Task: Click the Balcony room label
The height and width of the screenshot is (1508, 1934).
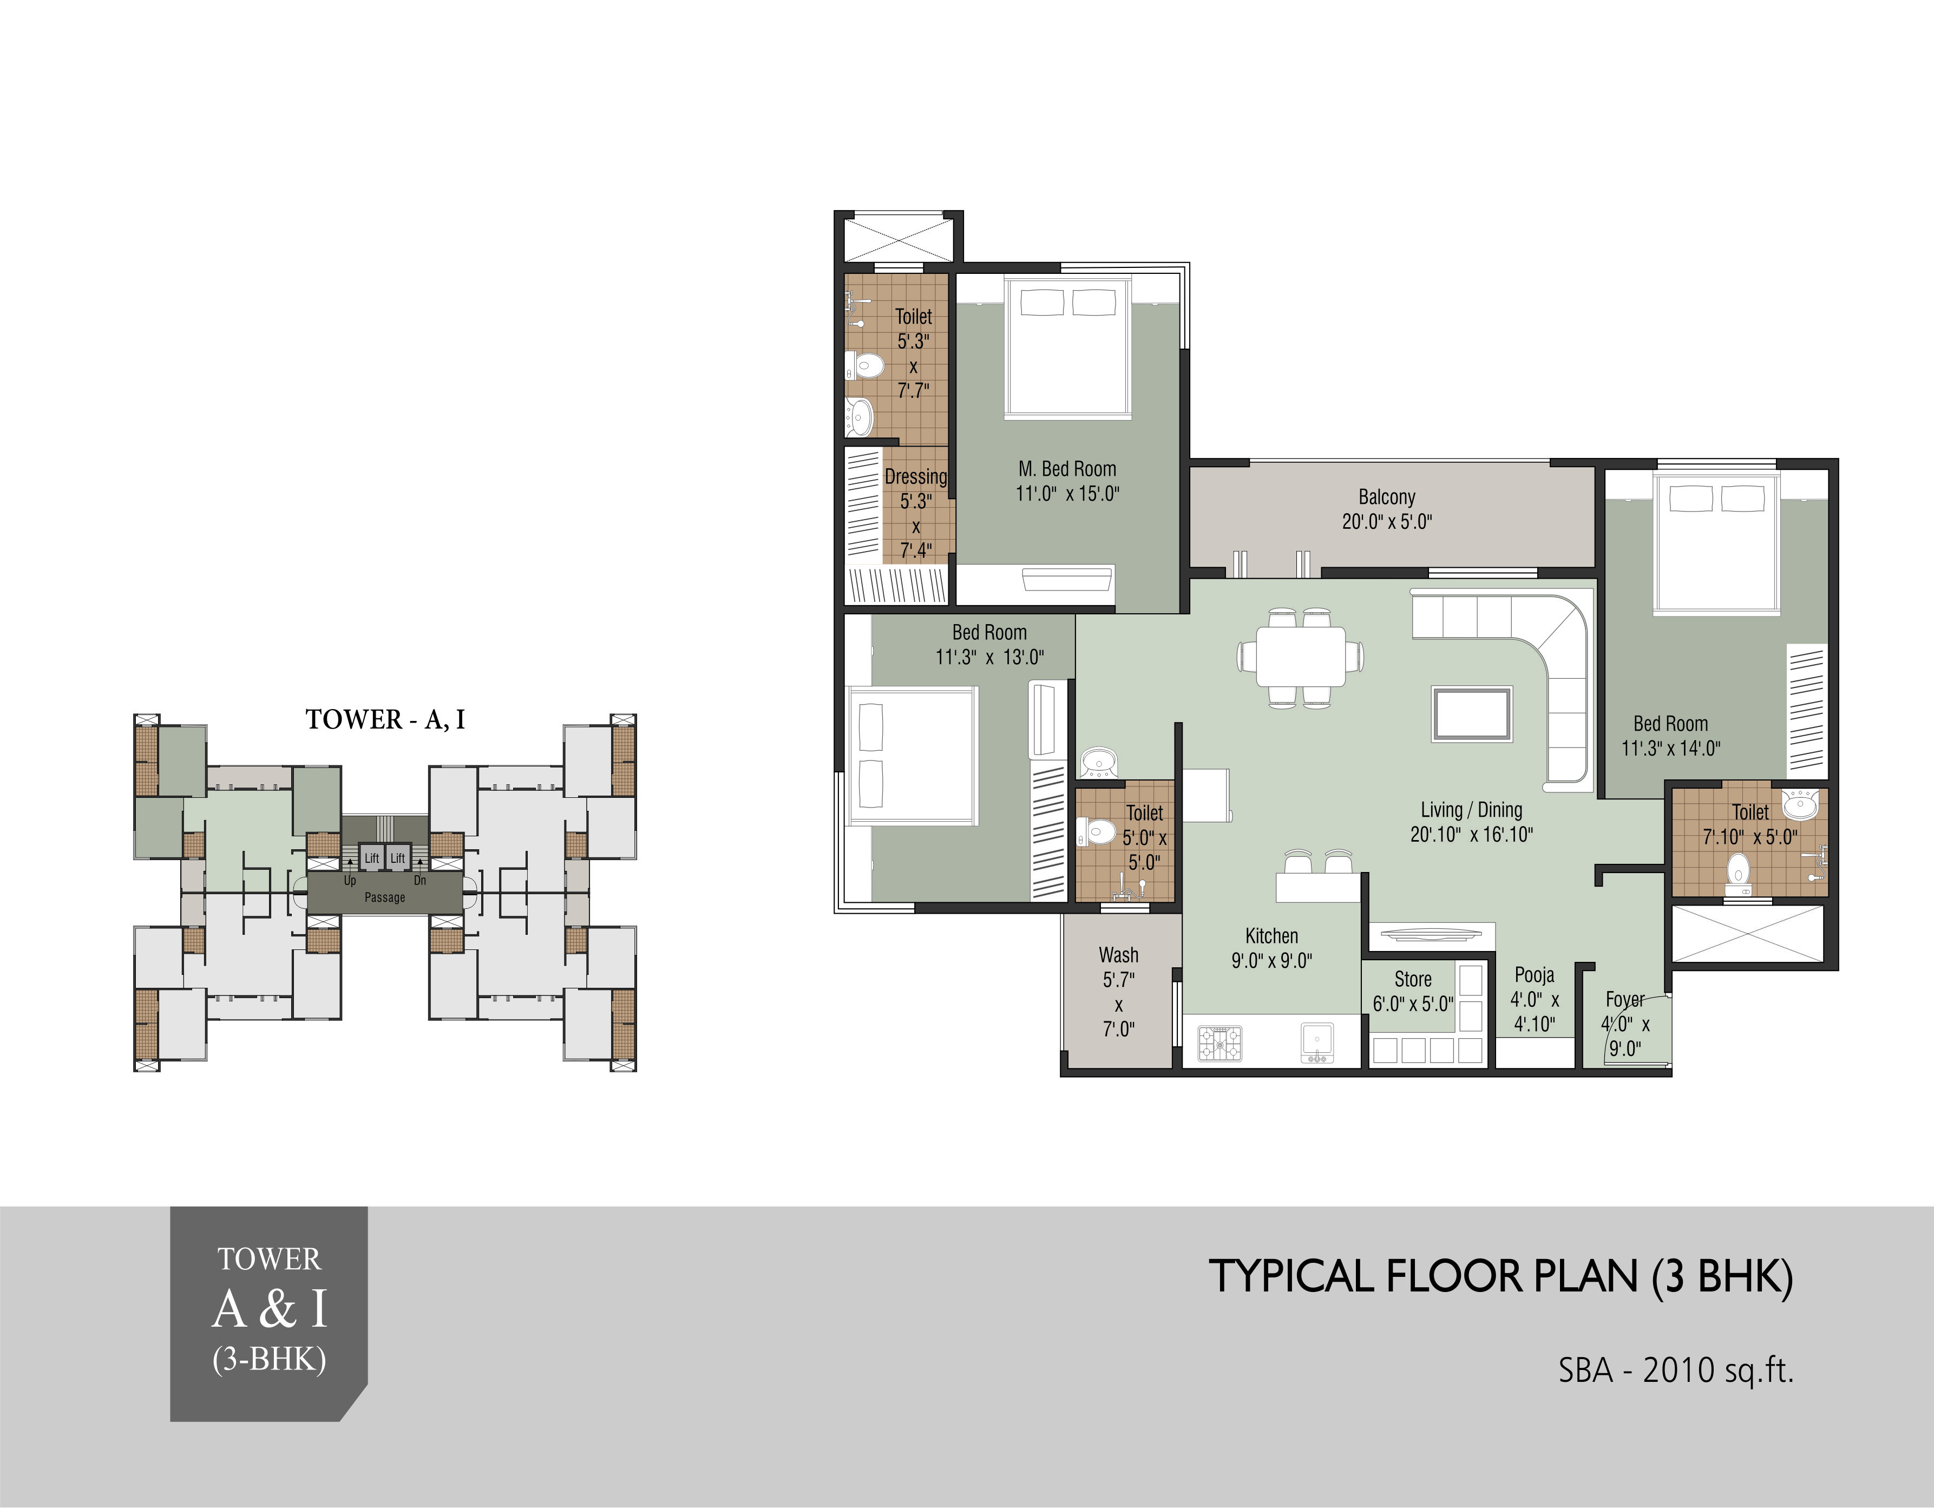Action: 1387,497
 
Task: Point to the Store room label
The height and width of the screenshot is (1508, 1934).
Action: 1412,979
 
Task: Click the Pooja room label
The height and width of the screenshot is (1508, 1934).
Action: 1535,975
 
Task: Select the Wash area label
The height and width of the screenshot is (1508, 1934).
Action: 1118,955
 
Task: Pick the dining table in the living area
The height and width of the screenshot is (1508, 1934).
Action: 1301,656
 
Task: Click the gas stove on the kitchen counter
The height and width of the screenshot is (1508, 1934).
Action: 1220,1043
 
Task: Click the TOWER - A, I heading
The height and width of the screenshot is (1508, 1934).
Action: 385,719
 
